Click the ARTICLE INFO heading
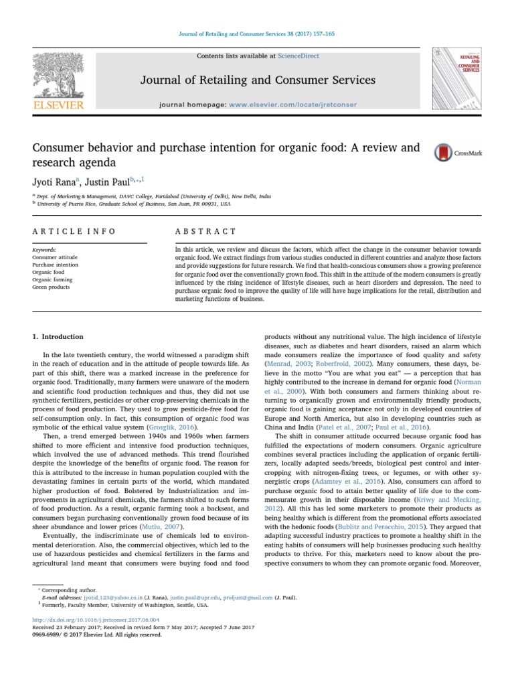pyautogui.click(x=74, y=231)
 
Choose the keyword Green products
pyautogui.click(x=51, y=287)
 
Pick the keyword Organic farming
pyautogui.click(x=52, y=279)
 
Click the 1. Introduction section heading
pyautogui.click(x=58, y=336)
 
